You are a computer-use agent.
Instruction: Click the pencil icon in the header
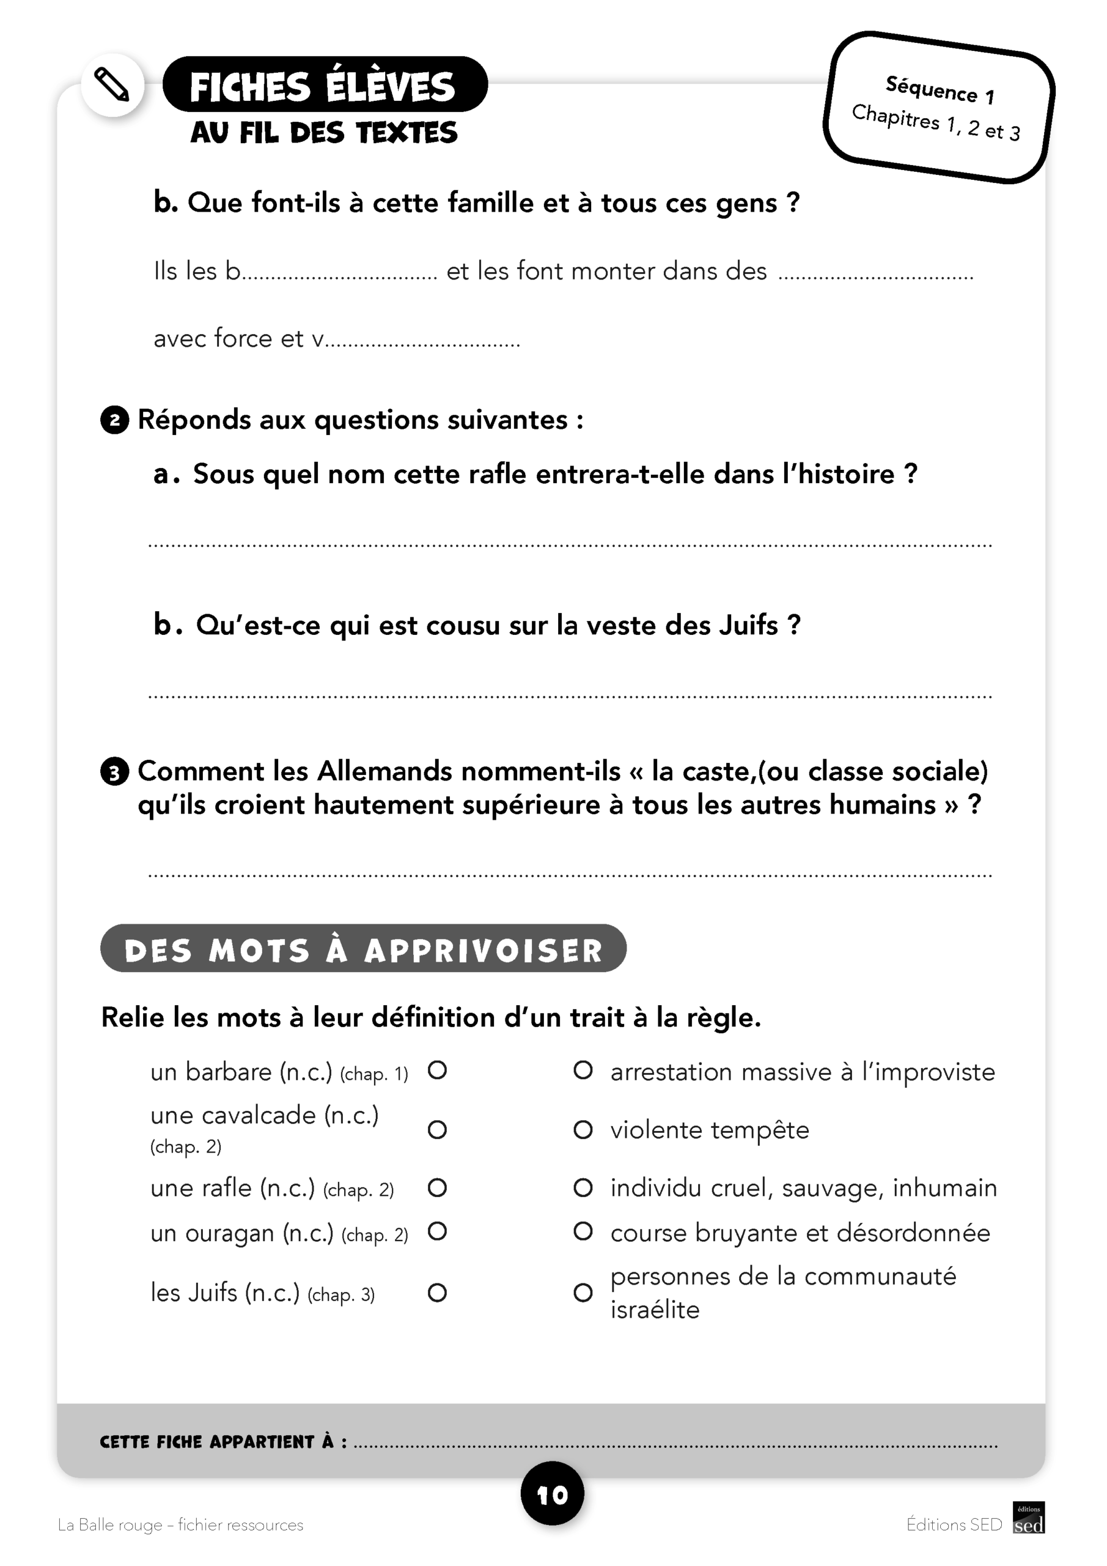pyautogui.click(x=112, y=84)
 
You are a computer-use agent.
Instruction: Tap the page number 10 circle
pyautogui.click(x=552, y=1495)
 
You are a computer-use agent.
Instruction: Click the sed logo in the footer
pyautogui.click(x=1029, y=1518)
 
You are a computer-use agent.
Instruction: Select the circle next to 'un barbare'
pyautogui.click(x=437, y=1070)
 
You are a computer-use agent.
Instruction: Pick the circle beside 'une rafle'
pyautogui.click(x=437, y=1188)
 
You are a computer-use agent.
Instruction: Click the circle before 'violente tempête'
pyautogui.click(x=583, y=1130)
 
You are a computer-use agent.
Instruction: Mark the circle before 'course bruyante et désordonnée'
pyautogui.click(x=583, y=1231)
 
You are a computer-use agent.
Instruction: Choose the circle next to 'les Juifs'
pyautogui.click(x=437, y=1293)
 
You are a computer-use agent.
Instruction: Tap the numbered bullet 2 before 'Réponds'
pyautogui.click(x=114, y=420)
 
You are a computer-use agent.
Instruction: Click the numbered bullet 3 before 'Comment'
pyautogui.click(x=114, y=772)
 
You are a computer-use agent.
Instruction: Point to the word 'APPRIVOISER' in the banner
pyautogui.click(x=484, y=951)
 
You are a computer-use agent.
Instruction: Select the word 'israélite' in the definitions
pyautogui.click(x=655, y=1310)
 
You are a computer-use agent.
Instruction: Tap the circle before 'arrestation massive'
pyautogui.click(x=583, y=1070)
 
